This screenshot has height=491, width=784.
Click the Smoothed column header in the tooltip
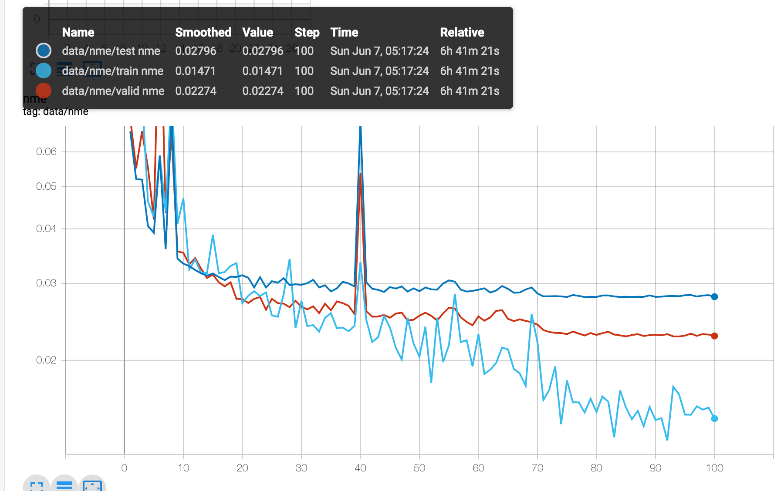point(203,33)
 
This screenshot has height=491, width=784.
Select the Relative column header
point(462,33)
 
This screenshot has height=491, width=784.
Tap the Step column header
point(307,33)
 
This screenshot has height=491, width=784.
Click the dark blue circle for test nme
point(44,50)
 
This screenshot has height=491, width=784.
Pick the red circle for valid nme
point(44,91)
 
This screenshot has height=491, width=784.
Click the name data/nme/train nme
point(112,71)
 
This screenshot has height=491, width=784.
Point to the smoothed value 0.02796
point(196,51)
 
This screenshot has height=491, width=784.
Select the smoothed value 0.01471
point(195,71)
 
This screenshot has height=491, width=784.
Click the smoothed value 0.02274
point(196,91)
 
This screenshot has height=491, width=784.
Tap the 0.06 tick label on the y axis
point(46,151)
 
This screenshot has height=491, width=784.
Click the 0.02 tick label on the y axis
point(46,360)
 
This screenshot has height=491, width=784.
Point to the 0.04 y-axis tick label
point(46,229)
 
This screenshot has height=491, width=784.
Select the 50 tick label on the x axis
point(419,468)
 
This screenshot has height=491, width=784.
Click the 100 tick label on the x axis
point(714,468)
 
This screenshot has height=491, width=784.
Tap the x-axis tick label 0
point(124,468)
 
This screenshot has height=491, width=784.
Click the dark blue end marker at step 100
point(714,297)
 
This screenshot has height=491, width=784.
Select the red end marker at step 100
point(714,336)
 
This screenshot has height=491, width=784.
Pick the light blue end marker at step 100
point(714,419)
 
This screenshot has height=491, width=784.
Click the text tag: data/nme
point(56,112)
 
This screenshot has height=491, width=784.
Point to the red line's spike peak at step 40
point(361,174)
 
